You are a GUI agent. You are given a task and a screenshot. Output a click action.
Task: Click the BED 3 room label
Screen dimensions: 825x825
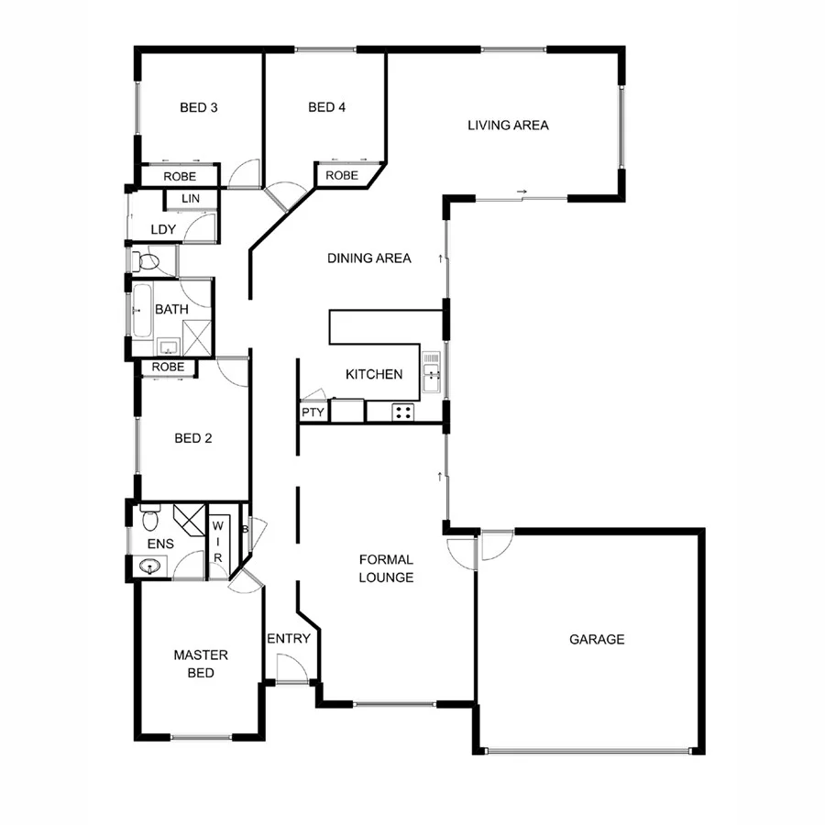(198, 107)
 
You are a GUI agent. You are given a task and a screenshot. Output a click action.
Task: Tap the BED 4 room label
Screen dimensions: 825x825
(327, 107)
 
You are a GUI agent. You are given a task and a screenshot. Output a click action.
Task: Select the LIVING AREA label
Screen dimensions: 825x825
(508, 125)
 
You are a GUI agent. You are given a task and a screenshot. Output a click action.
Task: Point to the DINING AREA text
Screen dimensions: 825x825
(369, 258)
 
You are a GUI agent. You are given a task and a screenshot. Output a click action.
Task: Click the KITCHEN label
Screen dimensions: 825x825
(374, 374)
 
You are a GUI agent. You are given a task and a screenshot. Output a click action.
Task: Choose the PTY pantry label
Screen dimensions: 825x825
(313, 412)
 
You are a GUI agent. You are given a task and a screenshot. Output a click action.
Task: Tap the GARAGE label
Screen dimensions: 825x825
(597, 639)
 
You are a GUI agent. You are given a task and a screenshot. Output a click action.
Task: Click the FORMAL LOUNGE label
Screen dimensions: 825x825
(386, 568)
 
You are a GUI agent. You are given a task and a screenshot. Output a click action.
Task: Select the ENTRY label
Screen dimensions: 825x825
(289, 639)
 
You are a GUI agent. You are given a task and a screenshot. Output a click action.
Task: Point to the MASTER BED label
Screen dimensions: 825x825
(201, 664)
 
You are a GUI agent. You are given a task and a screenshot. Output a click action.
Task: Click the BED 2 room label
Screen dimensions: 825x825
(193, 438)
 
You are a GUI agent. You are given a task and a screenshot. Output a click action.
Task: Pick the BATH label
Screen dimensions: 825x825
(171, 310)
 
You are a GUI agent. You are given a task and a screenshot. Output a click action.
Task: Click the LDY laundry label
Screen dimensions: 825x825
(162, 229)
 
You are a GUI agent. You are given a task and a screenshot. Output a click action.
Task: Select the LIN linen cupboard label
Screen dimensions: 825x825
(191, 199)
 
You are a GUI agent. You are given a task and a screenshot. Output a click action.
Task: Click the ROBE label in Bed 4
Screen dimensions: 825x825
(342, 175)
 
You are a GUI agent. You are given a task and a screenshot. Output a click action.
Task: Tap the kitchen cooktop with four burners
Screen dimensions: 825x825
(402, 412)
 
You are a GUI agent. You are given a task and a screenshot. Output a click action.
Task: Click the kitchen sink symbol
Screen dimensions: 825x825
(431, 371)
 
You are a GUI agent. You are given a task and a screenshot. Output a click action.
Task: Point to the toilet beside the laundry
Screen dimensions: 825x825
(147, 262)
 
